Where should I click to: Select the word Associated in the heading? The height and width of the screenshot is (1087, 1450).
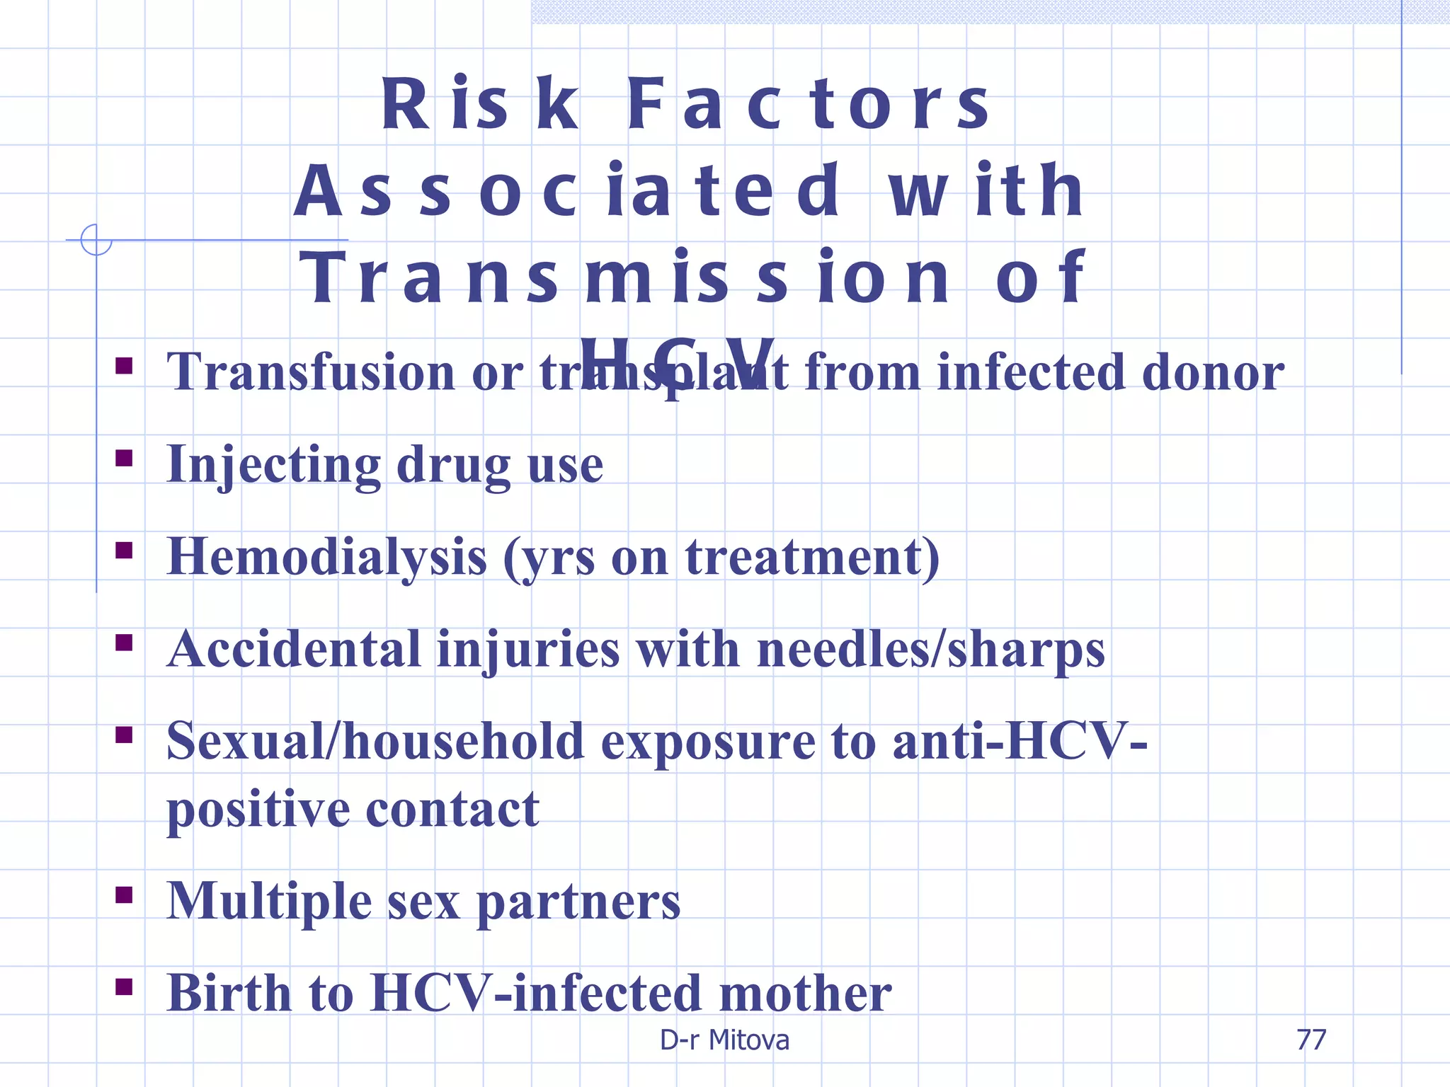(566, 191)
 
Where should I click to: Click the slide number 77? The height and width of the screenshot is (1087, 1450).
(1311, 1040)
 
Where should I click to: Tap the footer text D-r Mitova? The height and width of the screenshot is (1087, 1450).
(724, 1040)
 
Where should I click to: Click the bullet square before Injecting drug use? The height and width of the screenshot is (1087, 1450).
(125, 459)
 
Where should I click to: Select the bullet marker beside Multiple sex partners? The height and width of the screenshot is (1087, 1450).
(125, 895)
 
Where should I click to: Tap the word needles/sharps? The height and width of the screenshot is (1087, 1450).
(930, 650)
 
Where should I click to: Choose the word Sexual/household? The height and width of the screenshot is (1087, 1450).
(375, 742)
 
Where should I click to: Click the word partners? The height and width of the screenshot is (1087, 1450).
(578, 903)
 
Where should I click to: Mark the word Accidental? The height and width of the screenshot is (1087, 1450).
(295, 650)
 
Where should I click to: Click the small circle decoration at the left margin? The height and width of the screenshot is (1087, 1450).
(96, 240)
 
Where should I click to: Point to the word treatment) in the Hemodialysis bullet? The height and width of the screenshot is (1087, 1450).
(812, 557)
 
